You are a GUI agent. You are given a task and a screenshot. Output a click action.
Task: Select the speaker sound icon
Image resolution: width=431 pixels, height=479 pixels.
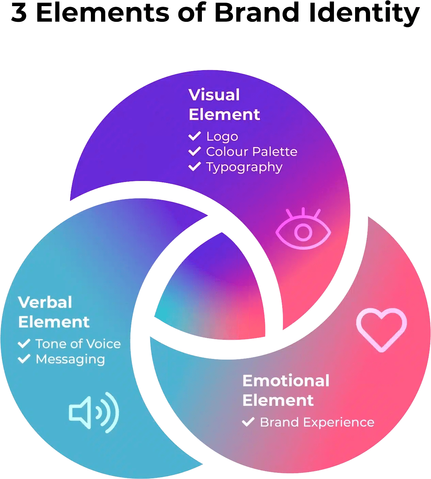(93, 412)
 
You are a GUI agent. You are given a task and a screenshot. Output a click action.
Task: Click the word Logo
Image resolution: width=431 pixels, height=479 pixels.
(222, 136)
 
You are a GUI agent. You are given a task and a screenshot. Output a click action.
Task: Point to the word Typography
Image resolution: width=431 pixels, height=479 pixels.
(244, 167)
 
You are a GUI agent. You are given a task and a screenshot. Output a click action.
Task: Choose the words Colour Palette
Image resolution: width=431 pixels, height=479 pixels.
(252, 152)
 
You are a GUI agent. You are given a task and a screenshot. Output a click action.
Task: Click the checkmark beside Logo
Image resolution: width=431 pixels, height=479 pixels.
(194, 136)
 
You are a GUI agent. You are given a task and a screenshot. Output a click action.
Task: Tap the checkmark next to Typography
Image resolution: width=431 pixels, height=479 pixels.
(194, 167)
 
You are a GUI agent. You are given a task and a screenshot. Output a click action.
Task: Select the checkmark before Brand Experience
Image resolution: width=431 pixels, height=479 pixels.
(248, 422)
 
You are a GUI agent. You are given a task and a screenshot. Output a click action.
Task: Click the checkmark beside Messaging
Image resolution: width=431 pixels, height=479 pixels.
(24, 359)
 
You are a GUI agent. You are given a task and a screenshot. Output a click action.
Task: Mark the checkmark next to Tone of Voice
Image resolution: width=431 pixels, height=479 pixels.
(24, 344)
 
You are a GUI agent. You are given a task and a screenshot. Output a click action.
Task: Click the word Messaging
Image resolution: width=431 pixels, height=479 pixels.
(70, 359)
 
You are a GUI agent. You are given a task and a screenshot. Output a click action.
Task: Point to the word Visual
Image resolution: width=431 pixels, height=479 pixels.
(214, 95)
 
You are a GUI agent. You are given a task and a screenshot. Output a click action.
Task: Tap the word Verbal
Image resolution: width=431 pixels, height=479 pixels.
(45, 302)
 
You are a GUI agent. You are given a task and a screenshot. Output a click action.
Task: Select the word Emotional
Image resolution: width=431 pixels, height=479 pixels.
(286, 381)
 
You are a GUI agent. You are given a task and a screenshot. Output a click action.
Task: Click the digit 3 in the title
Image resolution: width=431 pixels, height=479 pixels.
(19, 13)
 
